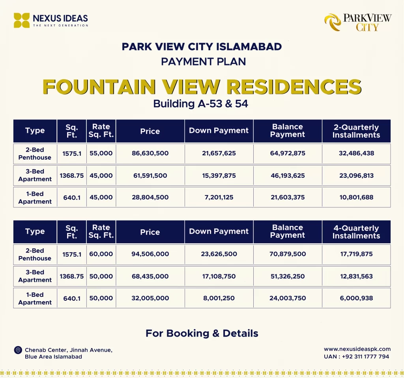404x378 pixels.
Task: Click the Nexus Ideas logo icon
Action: [22, 20]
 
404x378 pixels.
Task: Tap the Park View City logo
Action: [332, 22]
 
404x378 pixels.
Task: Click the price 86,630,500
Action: [150, 153]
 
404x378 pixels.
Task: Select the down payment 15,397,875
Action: [219, 175]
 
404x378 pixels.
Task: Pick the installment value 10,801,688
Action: [356, 197]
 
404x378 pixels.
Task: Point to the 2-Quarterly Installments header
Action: [356, 131]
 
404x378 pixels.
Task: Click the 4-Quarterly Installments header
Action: [356, 232]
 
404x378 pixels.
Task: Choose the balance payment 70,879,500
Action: [288, 254]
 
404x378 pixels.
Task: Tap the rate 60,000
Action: [101, 254]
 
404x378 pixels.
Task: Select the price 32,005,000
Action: [150, 298]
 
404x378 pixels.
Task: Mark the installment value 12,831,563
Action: [356, 276]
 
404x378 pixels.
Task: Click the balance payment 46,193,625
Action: [288, 175]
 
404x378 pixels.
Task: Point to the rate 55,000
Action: [101, 153]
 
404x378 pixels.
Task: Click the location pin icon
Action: [18, 350]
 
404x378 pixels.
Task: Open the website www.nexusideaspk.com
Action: [357, 349]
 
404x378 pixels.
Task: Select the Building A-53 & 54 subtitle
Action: [202, 104]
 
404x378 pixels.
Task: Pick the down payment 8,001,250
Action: [219, 298]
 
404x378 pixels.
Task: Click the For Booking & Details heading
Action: [202, 333]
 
